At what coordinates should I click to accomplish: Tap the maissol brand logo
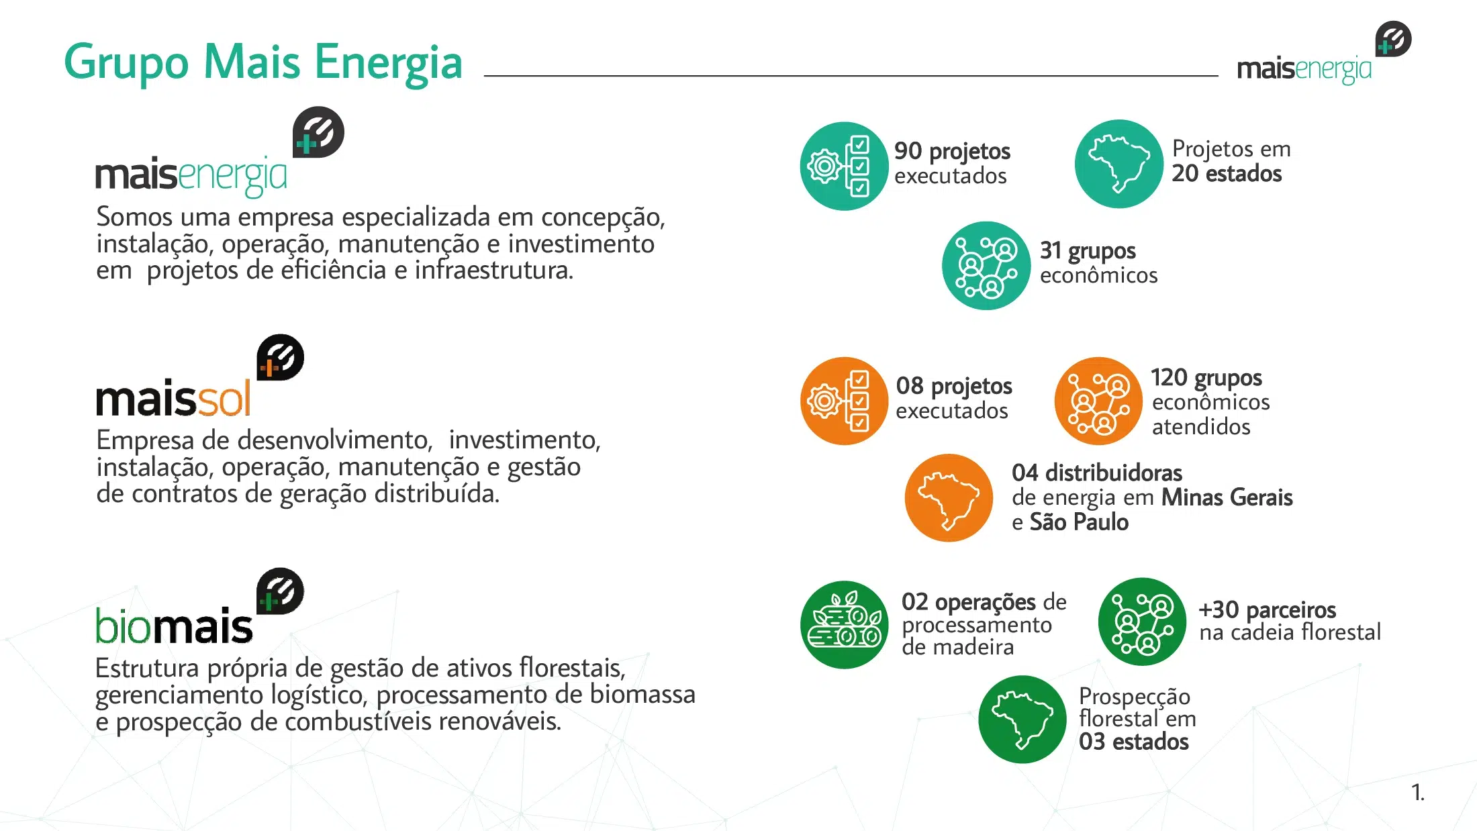click(x=199, y=377)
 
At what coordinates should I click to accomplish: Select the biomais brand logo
click(x=199, y=607)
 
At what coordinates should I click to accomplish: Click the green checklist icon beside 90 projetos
click(x=844, y=166)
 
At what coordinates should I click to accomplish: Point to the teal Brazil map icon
click(x=1118, y=164)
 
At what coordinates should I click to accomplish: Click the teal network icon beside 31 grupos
click(x=986, y=266)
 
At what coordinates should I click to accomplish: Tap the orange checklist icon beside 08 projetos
click(x=844, y=401)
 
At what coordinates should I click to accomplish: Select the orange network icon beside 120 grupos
click(x=1098, y=401)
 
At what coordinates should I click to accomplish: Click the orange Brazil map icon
click(x=949, y=498)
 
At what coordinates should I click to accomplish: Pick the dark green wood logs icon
click(x=844, y=625)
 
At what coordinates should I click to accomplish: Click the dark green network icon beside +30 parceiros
click(x=1142, y=622)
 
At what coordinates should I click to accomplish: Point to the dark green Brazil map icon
click(x=1022, y=720)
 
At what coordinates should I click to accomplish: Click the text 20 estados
click(x=1227, y=174)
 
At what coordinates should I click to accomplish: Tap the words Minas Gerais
click(x=1227, y=497)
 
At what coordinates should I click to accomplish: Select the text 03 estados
click(x=1134, y=742)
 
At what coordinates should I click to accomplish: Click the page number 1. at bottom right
click(x=1418, y=793)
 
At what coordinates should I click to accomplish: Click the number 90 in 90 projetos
click(x=908, y=151)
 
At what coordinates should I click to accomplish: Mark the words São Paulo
click(x=1079, y=522)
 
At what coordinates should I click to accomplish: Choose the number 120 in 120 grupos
click(x=1169, y=378)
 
